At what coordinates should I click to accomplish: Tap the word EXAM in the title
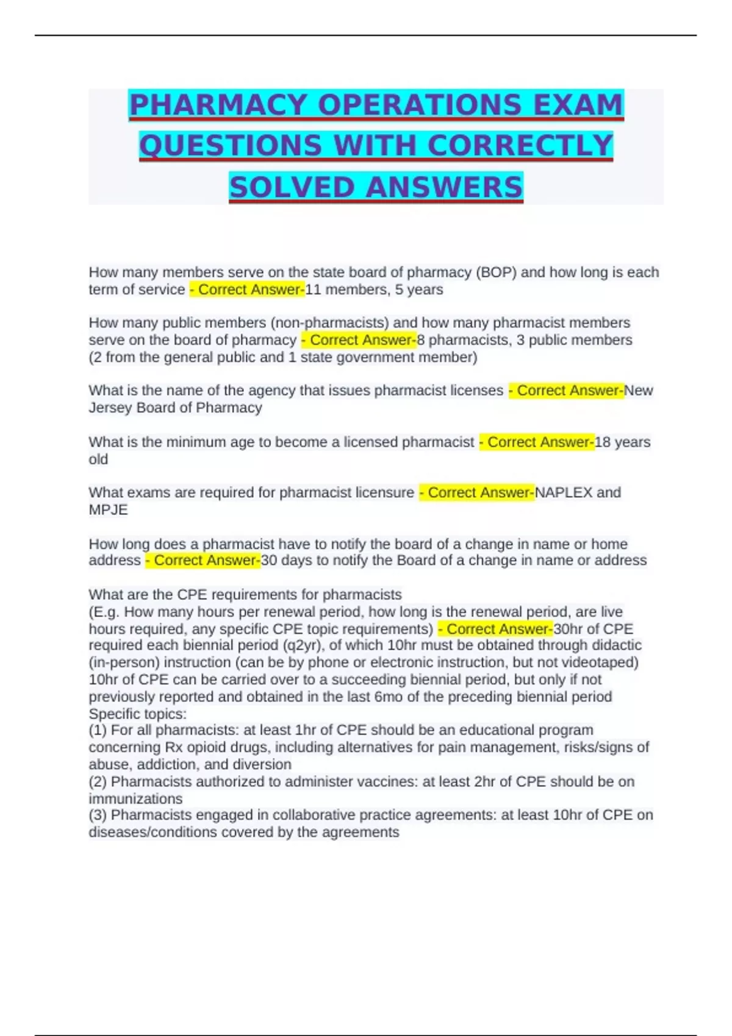coord(578,105)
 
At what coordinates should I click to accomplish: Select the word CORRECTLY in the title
coord(520,146)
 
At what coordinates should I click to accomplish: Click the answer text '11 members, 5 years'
coord(374,289)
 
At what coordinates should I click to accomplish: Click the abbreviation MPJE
coord(108,510)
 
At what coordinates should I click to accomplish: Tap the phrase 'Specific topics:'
coord(137,714)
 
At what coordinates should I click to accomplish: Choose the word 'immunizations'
coord(135,799)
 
